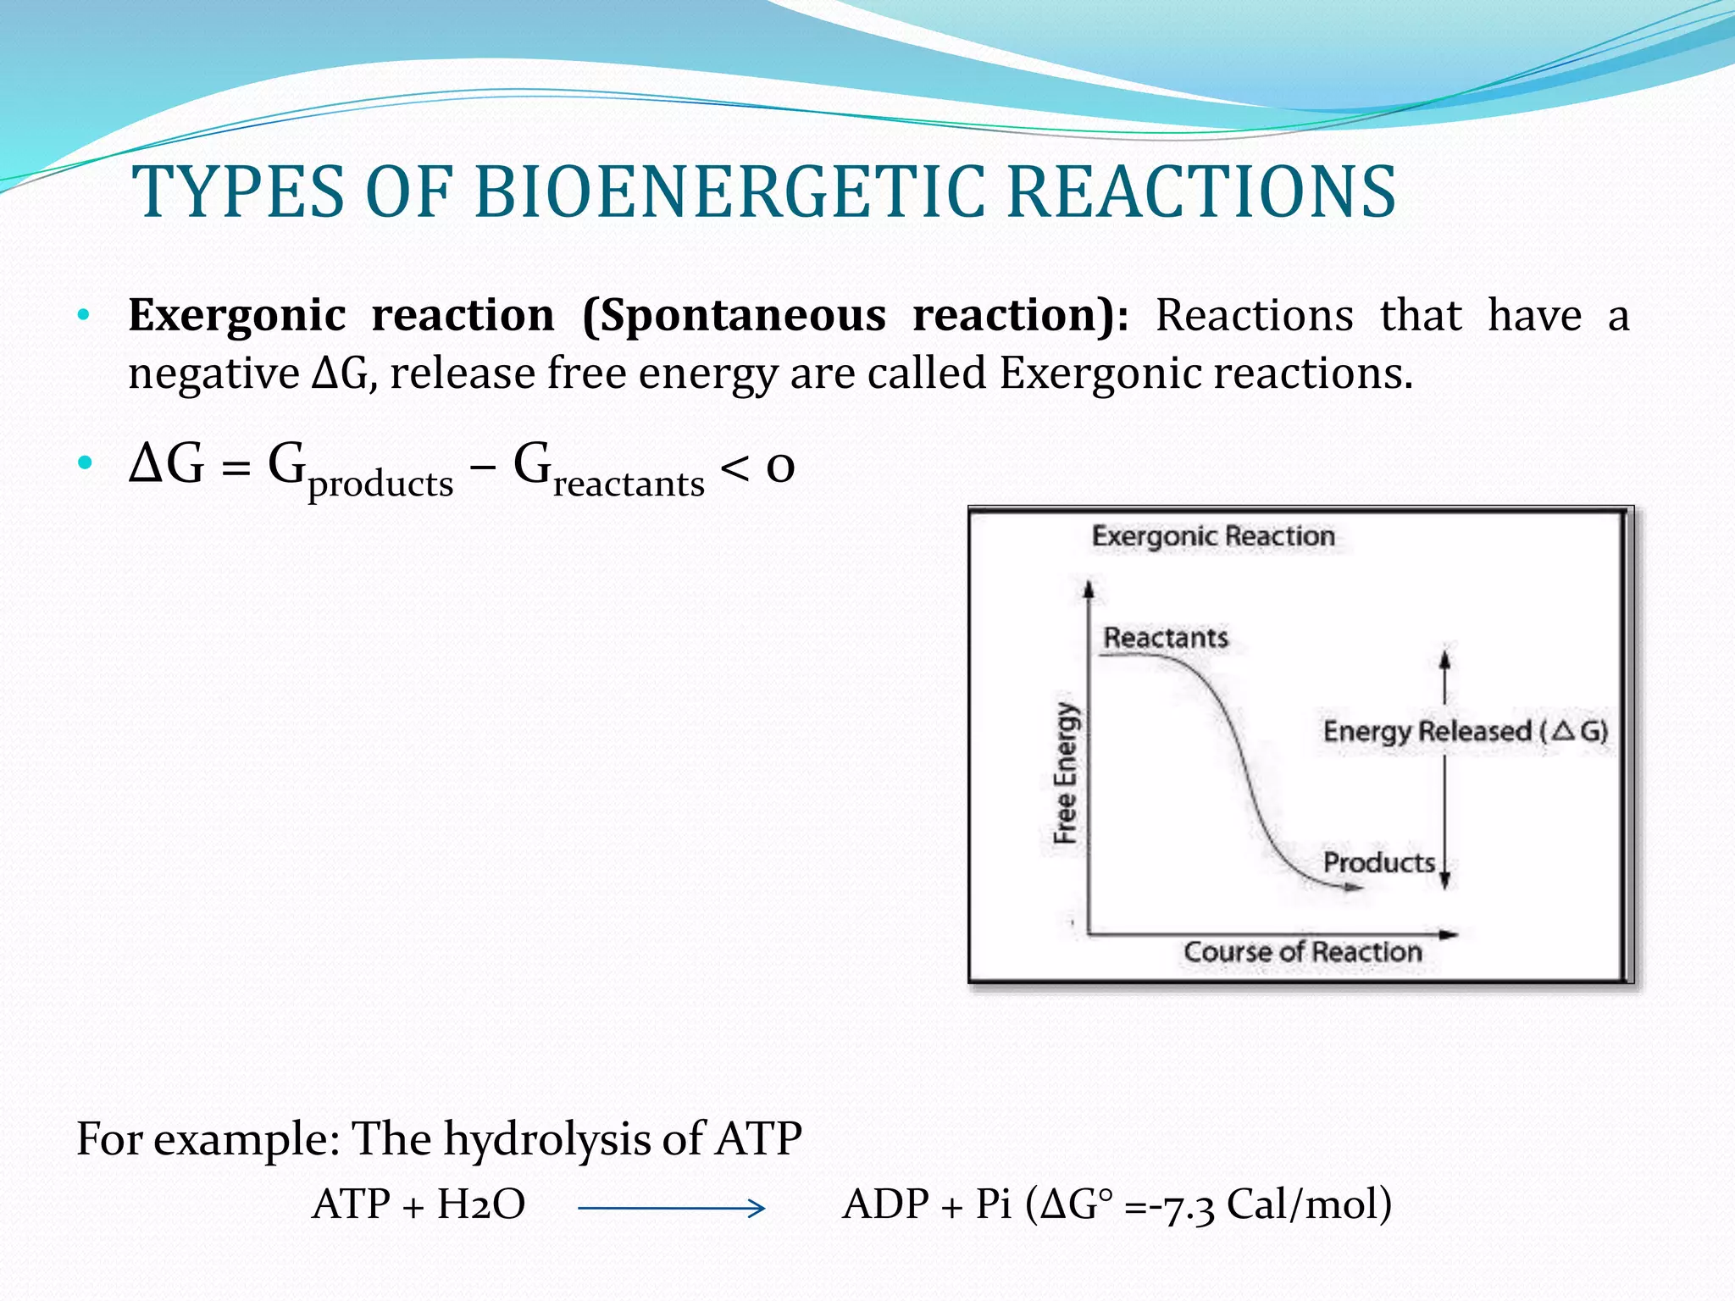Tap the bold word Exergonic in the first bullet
click(236, 316)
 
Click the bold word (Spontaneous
click(734, 316)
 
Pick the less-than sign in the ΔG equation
click(734, 467)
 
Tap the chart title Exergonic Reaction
click(1213, 536)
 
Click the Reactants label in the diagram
click(1166, 638)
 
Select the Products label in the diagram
click(1379, 863)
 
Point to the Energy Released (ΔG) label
click(1465, 731)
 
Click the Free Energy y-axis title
click(1066, 773)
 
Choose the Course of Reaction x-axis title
click(1302, 952)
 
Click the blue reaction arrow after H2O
click(672, 1209)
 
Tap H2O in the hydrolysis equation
click(480, 1204)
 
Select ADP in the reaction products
click(885, 1204)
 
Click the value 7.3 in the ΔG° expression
click(1188, 1205)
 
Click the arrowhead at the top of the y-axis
click(1089, 588)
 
